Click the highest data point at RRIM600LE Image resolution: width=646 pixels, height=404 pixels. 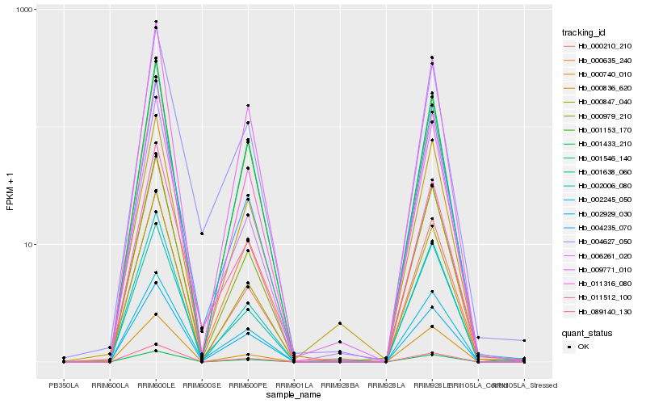[x=156, y=22]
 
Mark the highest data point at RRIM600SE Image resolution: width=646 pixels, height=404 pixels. [x=202, y=234]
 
